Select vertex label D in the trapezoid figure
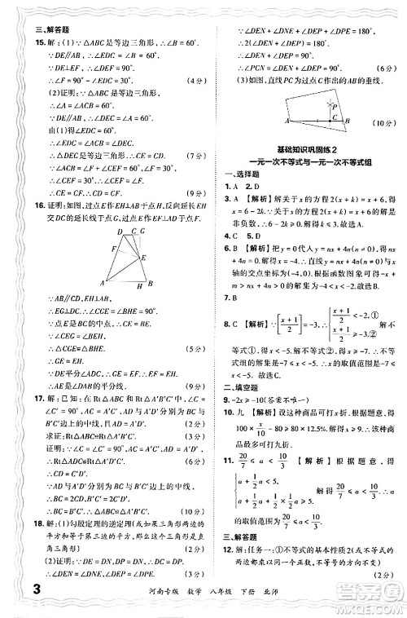click(120, 232)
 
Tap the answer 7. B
click(230, 298)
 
